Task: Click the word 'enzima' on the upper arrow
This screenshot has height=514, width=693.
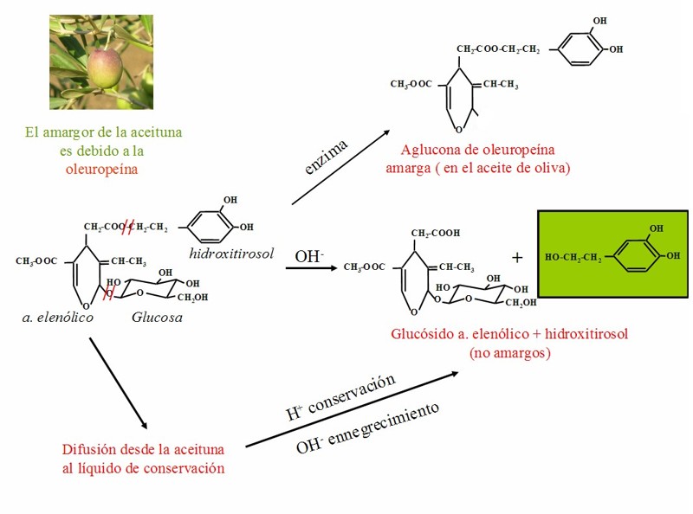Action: (x=327, y=157)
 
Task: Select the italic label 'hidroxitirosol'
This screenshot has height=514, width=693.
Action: (x=231, y=253)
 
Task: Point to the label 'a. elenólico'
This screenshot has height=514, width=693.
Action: (x=57, y=318)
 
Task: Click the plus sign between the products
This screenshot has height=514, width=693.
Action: (x=517, y=257)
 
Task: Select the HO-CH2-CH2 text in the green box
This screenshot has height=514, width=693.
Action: (x=573, y=258)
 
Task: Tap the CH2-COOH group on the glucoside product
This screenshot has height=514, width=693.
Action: (x=435, y=233)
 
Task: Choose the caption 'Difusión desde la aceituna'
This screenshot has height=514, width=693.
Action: (x=144, y=450)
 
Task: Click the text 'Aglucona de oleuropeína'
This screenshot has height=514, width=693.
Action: (x=477, y=150)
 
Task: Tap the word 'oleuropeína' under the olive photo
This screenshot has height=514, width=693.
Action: (x=101, y=169)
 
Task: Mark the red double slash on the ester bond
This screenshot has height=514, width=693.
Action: (x=128, y=228)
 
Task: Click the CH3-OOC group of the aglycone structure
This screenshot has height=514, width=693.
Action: (x=411, y=84)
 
